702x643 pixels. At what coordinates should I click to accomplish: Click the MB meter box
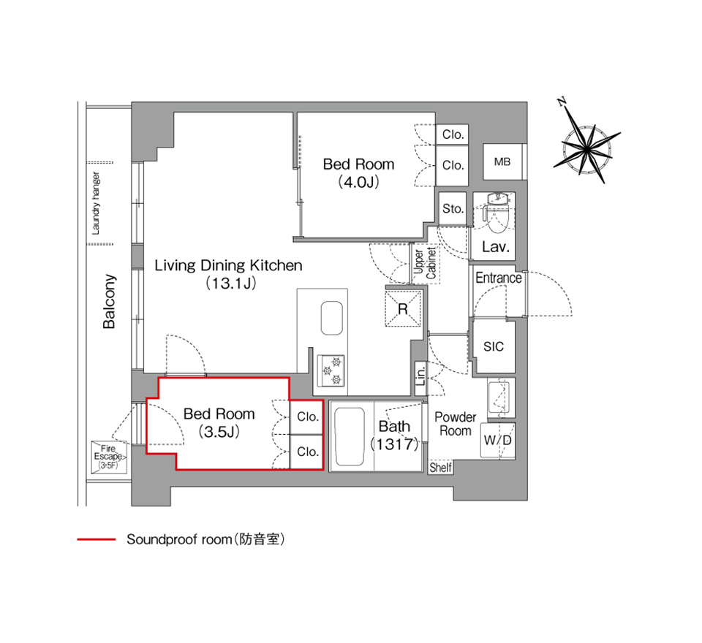click(x=503, y=161)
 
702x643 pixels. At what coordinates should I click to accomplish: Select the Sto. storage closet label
click(x=453, y=208)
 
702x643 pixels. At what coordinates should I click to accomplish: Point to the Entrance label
click(x=498, y=278)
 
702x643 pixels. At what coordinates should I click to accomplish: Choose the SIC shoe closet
click(x=494, y=346)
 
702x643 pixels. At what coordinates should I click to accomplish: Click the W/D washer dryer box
click(x=498, y=441)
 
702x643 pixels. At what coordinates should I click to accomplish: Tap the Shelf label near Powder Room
click(x=440, y=468)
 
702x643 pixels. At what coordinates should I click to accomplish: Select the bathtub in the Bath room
click(x=350, y=437)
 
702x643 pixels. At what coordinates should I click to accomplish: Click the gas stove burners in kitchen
click(x=331, y=370)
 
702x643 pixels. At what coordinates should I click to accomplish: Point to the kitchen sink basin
click(x=332, y=318)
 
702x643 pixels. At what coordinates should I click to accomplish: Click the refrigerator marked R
click(x=403, y=308)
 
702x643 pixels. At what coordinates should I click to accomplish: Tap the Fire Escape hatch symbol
click(x=109, y=457)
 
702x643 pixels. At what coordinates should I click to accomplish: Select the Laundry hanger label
click(x=96, y=203)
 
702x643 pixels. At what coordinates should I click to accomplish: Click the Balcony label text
click(x=109, y=302)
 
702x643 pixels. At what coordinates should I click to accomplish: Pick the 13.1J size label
click(x=230, y=284)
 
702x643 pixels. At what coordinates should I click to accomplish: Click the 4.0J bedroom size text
click(x=358, y=182)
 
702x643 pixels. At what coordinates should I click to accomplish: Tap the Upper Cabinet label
click(x=425, y=264)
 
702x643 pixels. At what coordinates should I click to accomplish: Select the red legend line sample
click(x=97, y=540)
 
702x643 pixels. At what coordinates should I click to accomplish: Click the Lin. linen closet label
click(x=420, y=375)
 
